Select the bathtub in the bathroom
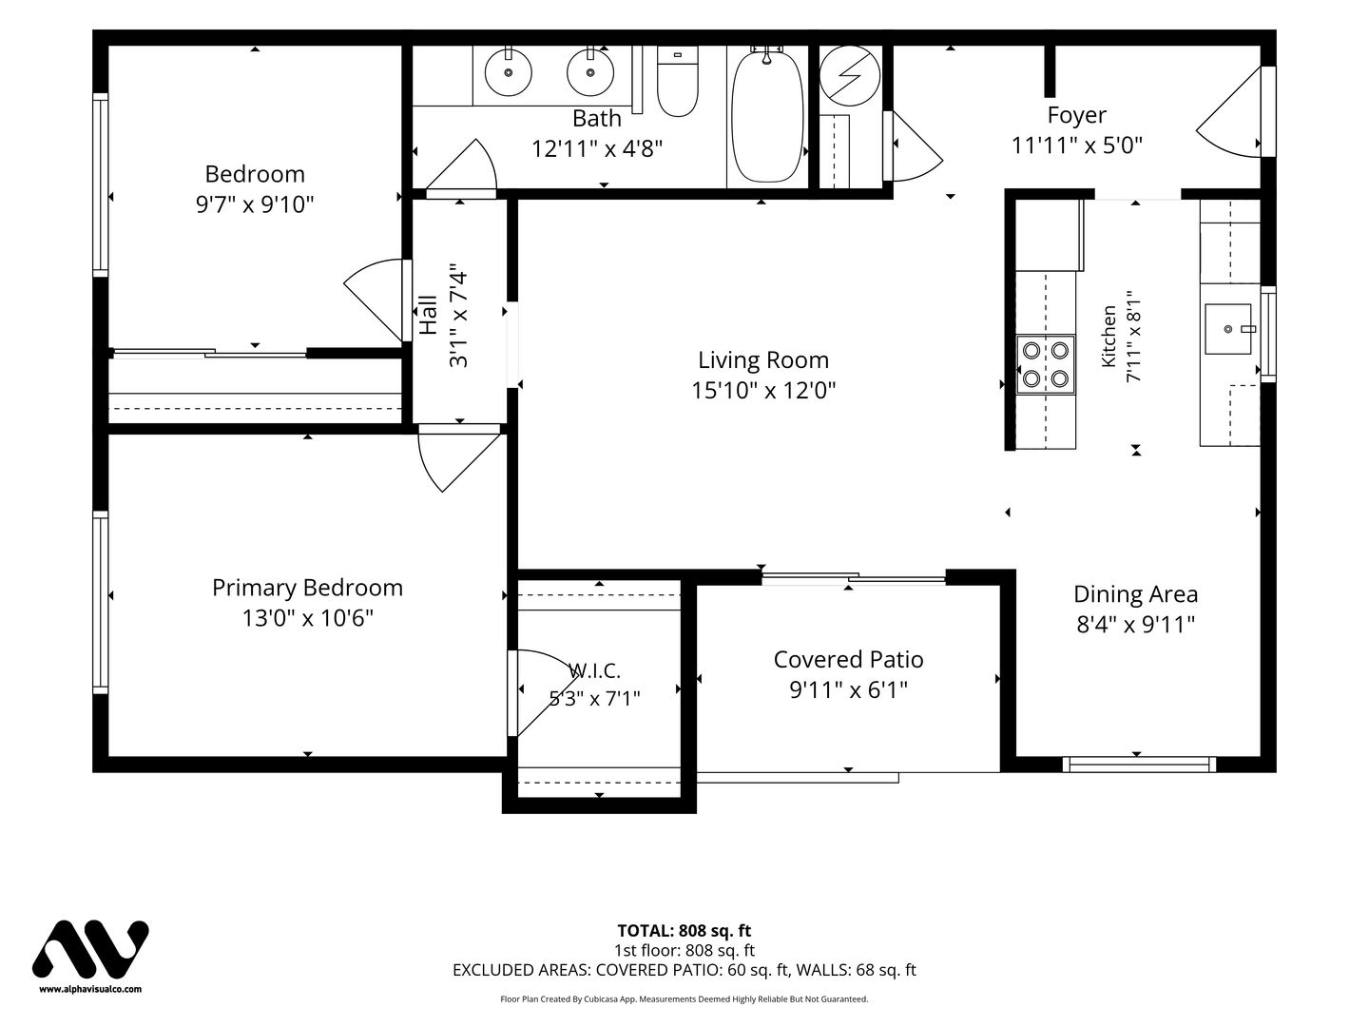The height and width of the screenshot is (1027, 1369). coord(767,117)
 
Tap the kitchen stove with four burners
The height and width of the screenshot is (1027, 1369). coord(1046,365)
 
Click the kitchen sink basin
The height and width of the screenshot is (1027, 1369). coord(1227,329)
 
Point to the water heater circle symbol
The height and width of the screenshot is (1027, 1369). coord(849,75)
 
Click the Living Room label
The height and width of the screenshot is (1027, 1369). coord(762,359)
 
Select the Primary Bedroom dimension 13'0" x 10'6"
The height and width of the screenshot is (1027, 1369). coord(307,618)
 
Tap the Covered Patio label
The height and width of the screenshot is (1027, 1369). coord(848,659)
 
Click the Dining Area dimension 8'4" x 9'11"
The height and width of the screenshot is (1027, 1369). coord(1135,624)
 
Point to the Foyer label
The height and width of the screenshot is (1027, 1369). coord(1076,115)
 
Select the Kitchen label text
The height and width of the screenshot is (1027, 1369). coord(1109,336)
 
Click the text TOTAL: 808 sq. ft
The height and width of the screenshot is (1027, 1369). coord(684,930)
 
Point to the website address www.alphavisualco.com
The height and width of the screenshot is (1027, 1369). coord(90,989)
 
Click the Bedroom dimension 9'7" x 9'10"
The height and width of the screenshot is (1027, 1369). coord(255,203)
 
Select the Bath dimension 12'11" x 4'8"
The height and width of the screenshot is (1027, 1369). coord(597,149)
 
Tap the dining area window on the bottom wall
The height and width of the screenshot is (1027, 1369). coord(1139,764)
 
